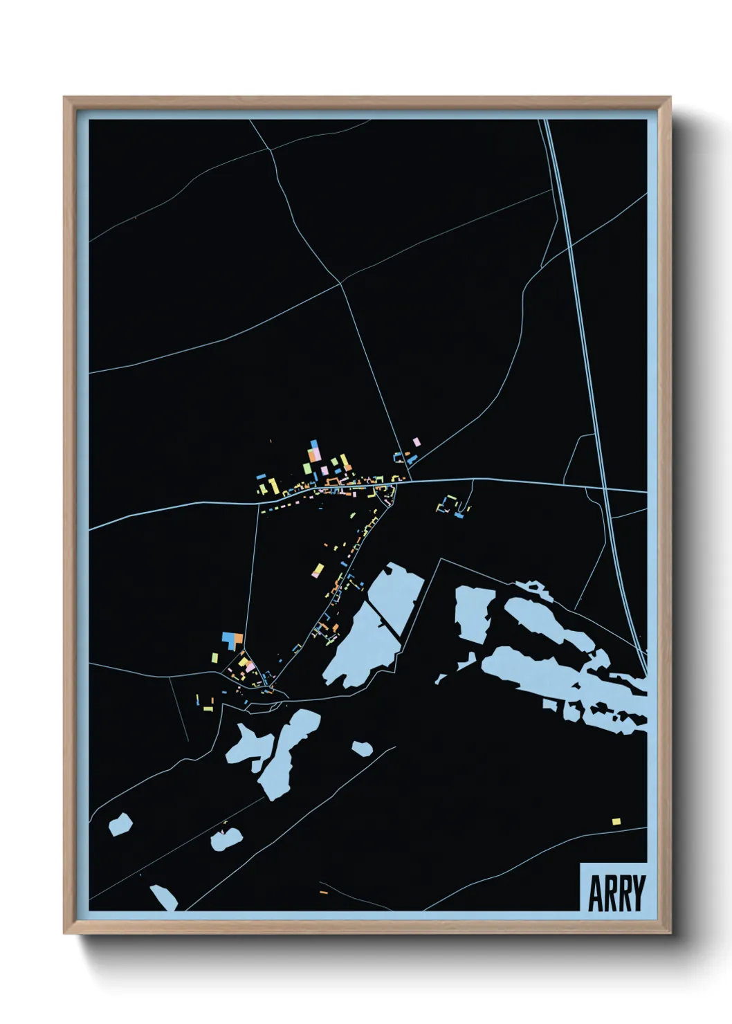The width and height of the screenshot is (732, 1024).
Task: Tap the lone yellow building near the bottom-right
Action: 616,821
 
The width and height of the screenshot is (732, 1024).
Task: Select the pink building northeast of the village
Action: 417,441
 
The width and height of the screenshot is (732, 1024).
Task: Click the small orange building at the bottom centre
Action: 323,892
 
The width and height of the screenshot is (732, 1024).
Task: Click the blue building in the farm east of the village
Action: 458,515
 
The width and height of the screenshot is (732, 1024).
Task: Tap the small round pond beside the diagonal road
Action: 361,748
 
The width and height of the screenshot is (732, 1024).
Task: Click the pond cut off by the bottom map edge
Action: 163,897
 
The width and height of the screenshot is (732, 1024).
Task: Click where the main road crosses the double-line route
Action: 605,490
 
